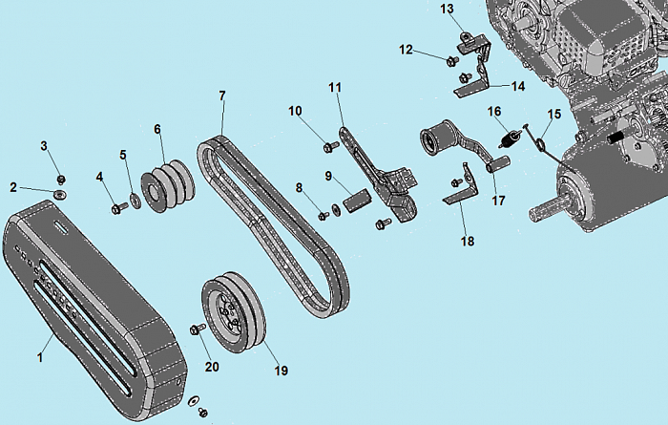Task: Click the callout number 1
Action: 40,357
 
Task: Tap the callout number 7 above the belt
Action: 222,96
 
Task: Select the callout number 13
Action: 447,9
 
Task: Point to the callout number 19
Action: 281,371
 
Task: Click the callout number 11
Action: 335,87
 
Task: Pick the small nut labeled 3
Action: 61,179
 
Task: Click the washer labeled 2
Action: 61,195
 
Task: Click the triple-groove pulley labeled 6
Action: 167,185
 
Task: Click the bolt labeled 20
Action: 197,329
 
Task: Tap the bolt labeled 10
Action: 331,147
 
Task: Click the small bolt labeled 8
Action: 324,216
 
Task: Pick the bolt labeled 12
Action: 452,61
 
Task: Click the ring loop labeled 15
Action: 540,143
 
